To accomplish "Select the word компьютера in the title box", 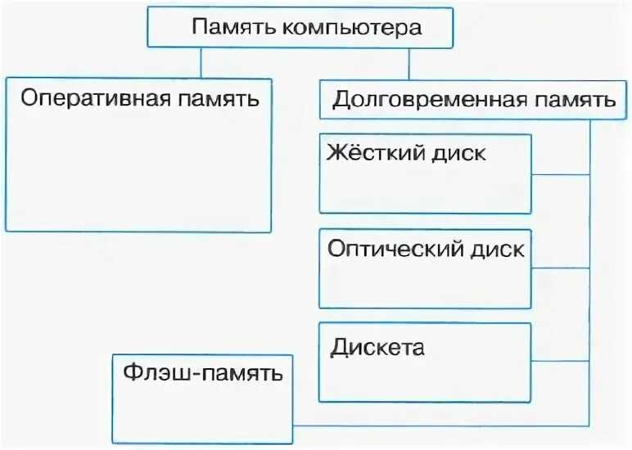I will tap(351, 28).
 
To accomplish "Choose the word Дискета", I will tap(377, 347).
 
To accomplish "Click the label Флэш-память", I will tap(202, 375).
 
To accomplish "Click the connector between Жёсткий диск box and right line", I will tap(560, 174).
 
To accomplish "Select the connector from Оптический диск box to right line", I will tap(560, 268).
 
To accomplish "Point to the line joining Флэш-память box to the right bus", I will tap(442, 425).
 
